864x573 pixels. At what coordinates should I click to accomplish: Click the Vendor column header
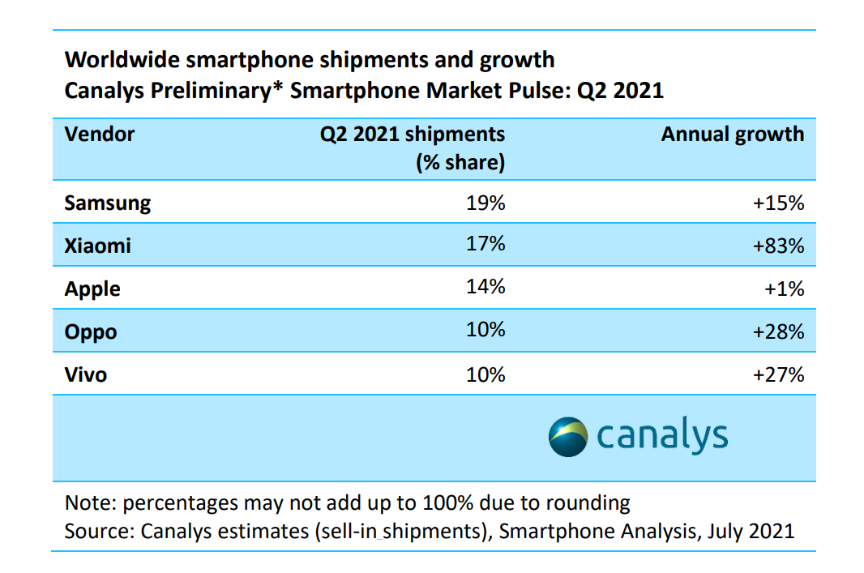coord(100,134)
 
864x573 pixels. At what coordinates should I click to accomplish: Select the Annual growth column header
coord(733,134)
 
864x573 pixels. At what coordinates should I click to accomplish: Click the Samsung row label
coord(108,203)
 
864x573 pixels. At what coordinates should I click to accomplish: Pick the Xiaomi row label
coord(97,246)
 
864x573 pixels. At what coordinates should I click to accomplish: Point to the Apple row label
coord(92,289)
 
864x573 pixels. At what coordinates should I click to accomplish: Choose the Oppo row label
coord(91,331)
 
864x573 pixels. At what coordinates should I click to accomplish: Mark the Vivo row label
coord(86,374)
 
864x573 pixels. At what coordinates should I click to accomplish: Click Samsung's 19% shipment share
coord(485,203)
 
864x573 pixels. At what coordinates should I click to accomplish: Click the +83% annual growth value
coord(778,246)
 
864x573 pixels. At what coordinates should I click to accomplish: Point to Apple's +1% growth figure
coord(784,289)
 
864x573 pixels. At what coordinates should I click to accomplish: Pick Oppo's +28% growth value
coord(778,331)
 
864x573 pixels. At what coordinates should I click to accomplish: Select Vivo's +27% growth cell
coord(778,374)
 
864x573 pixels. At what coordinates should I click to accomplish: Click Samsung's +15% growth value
coord(778,203)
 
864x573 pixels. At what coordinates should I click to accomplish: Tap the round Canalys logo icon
coord(568,436)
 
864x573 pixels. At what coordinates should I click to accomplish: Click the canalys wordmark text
coord(662,435)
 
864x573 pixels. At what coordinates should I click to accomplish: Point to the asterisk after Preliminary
coord(280,86)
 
